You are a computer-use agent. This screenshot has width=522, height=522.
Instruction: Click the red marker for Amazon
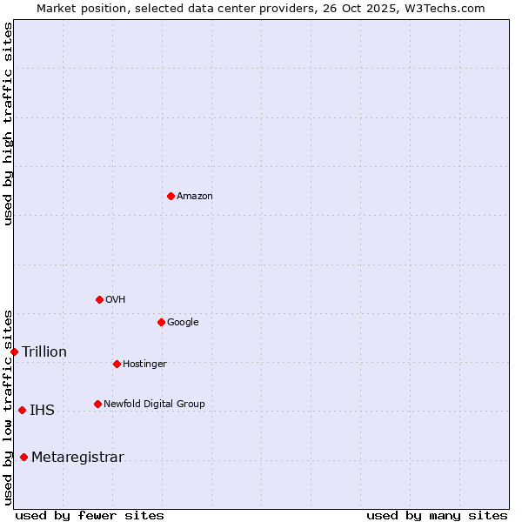tap(171, 196)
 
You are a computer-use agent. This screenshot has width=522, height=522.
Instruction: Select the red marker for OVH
tap(99, 299)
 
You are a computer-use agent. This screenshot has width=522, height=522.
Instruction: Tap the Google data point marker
tap(161, 322)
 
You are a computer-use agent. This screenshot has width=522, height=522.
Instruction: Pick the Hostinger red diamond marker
tap(117, 364)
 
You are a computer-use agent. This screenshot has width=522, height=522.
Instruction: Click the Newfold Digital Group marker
tap(97, 404)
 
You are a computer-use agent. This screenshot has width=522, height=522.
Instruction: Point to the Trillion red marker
tap(15, 351)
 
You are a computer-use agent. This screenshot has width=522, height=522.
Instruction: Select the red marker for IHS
tap(22, 410)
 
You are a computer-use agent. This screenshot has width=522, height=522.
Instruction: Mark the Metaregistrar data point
tap(23, 458)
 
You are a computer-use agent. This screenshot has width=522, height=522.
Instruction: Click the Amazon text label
tap(195, 197)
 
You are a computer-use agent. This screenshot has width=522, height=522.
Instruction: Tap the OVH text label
tap(116, 300)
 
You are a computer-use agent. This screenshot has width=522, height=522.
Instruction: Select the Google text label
tap(183, 323)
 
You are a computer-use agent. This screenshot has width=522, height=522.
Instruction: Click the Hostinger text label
tap(144, 365)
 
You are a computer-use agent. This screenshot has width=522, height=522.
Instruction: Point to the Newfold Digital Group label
tap(154, 405)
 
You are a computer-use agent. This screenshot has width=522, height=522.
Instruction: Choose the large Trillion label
tap(44, 352)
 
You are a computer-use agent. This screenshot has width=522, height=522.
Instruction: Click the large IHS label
tap(42, 411)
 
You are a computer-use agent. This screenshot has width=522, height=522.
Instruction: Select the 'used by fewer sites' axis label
tap(90, 516)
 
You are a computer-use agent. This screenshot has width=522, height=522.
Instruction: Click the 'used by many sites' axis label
tap(437, 516)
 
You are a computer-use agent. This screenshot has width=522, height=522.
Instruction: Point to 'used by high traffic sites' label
tap(8, 124)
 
